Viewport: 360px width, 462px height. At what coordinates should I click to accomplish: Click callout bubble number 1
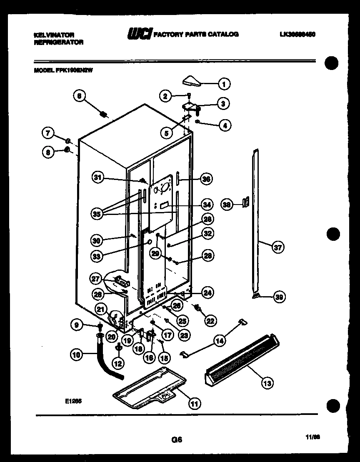(x=224, y=84)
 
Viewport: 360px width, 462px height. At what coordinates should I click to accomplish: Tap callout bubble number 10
(x=76, y=355)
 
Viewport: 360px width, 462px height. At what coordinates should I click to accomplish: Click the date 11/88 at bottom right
(x=315, y=437)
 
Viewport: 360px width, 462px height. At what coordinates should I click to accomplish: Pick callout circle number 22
(x=210, y=320)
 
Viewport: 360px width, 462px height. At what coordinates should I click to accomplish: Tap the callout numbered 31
(x=97, y=178)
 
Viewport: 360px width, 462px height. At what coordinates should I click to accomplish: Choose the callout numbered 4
(x=225, y=125)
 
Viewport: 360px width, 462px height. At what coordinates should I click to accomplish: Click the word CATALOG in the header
(x=224, y=34)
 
